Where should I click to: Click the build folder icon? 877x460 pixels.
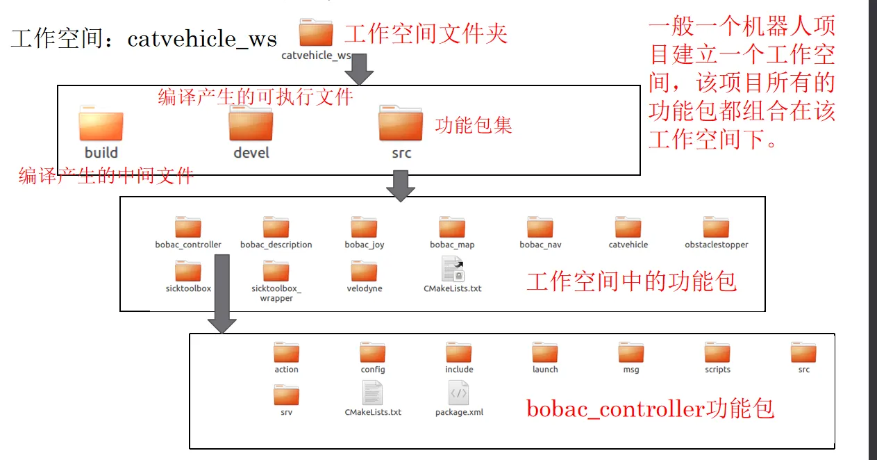pos(101,125)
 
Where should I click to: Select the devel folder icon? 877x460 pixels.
pos(251,125)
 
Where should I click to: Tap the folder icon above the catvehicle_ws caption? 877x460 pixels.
pos(316,33)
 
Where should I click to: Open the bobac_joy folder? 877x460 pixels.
pos(364,227)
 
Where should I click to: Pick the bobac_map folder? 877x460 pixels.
pos(452,227)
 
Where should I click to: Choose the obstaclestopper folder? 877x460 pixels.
pos(716,227)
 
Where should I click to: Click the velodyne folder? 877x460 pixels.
pos(364,271)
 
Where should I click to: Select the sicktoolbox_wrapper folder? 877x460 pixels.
pos(276,271)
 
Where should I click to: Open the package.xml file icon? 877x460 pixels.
pos(459,394)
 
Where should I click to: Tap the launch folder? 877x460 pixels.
pos(545,353)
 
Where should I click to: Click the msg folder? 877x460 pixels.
pos(630,353)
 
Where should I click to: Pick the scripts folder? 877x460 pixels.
pos(717,353)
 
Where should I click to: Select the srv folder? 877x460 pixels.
pos(286,395)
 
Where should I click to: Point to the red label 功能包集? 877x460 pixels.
pos(474,125)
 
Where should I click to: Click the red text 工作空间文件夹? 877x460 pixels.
pos(426,33)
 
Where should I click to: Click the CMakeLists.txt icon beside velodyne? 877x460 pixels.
pos(452,270)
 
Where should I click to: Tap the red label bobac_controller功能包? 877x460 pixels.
pos(650,409)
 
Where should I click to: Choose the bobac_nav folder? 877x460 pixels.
pos(540,227)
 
